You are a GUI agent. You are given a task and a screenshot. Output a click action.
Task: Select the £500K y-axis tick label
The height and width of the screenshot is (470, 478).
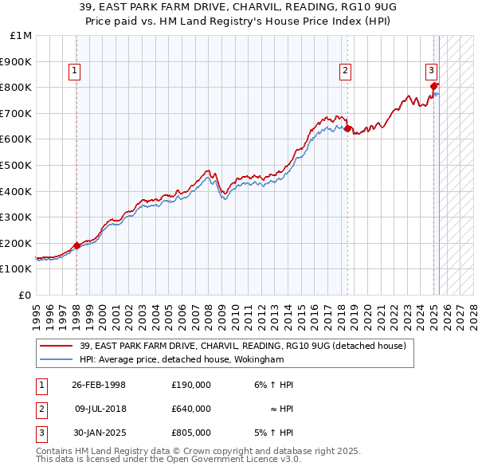point(18,165)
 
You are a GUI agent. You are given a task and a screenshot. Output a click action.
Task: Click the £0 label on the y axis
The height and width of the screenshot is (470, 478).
point(25,295)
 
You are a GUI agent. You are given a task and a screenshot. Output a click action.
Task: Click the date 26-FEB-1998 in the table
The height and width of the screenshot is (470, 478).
point(98,385)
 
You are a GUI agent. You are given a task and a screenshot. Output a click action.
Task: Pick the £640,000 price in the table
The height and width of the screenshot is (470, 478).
point(191,409)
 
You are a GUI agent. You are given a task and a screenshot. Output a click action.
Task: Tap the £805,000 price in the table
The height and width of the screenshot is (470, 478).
point(191,433)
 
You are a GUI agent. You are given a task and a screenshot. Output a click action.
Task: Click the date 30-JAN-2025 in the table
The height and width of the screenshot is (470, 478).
point(98,433)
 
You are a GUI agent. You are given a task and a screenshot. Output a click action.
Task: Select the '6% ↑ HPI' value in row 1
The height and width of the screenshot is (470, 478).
point(274,385)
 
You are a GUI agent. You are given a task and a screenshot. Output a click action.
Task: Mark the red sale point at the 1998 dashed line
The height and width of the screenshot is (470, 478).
point(76,245)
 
